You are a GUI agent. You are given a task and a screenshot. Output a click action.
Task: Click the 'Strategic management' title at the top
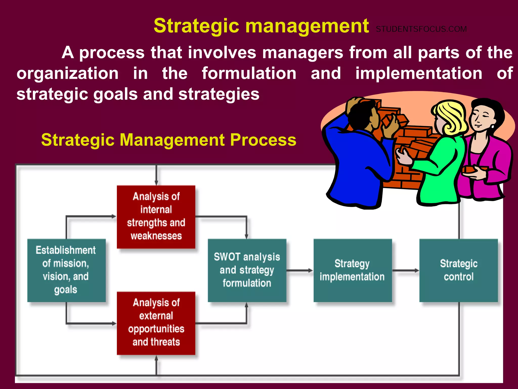261,26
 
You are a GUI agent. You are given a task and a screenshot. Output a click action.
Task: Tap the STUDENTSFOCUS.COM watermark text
421,29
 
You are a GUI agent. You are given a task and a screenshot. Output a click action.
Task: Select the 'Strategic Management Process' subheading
168,140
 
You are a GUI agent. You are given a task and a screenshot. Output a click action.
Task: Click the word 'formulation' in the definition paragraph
249,73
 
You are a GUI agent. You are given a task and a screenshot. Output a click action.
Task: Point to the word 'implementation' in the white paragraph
419,73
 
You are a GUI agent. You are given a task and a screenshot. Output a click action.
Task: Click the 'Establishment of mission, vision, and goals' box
66,270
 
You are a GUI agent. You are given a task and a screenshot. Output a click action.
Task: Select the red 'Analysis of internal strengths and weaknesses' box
156,217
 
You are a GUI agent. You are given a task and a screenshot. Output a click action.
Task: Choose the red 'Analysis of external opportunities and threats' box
156,323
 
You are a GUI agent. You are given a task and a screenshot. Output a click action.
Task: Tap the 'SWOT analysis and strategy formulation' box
247,270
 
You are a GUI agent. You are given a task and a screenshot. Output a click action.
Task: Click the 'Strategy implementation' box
353,270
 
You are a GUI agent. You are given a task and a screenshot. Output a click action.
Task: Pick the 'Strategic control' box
458,270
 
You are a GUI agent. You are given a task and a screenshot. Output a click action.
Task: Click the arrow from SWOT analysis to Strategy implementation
300,270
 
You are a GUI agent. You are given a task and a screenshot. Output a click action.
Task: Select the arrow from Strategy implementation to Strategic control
406,270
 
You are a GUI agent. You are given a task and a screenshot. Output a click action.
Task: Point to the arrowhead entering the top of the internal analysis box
156,183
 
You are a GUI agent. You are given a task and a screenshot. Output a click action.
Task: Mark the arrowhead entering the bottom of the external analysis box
156,358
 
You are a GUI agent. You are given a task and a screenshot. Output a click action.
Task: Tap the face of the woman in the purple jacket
481,118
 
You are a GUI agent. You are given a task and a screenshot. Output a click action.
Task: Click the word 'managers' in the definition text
303,53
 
